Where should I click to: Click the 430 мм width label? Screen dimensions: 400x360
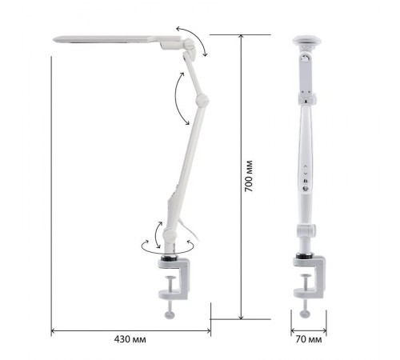tap(130, 339)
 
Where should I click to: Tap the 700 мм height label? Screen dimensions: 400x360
tap(249, 176)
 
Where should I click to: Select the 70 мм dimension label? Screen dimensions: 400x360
tap(309, 339)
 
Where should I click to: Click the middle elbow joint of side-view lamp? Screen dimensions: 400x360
tap(202, 100)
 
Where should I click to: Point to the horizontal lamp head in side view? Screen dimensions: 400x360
tap(118, 40)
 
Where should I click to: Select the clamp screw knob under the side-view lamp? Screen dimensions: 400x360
tap(170, 314)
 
